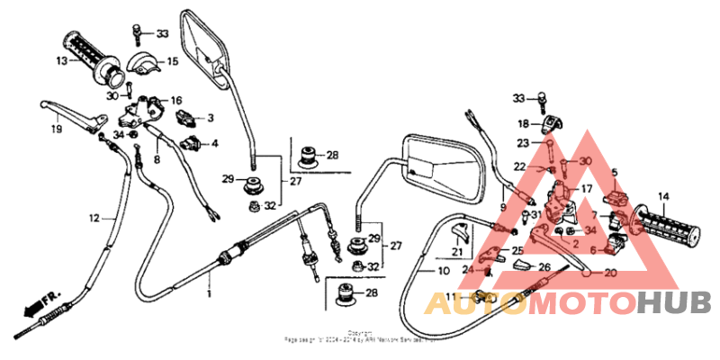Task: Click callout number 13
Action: pyautogui.click(x=60, y=61)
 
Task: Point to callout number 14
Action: pyautogui.click(x=663, y=196)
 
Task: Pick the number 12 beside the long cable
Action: pyautogui.click(x=94, y=217)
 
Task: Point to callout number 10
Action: pyautogui.click(x=443, y=270)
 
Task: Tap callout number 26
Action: pyautogui.click(x=545, y=266)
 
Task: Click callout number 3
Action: pyautogui.click(x=210, y=118)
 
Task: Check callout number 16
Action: pyautogui.click(x=176, y=100)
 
